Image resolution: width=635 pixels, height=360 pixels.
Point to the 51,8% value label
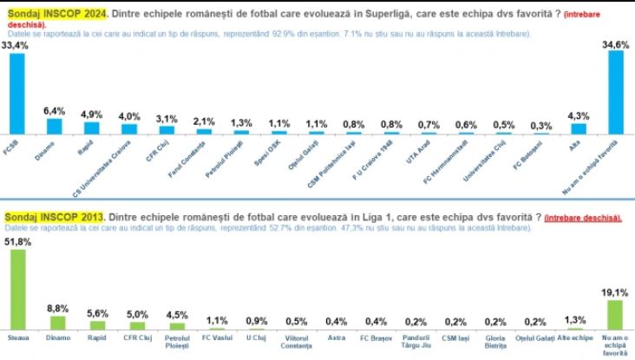click(x=17, y=242)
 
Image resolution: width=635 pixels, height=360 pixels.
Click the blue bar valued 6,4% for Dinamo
click(x=54, y=125)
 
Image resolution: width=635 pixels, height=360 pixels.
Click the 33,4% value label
click(x=16, y=45)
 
